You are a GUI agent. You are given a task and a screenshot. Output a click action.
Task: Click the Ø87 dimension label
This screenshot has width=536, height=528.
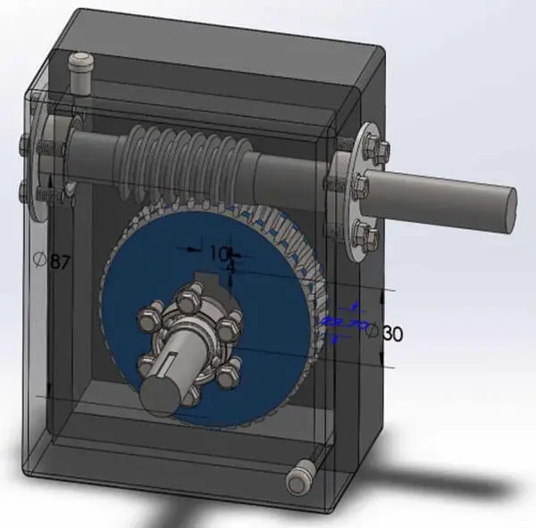[x=51, y=261]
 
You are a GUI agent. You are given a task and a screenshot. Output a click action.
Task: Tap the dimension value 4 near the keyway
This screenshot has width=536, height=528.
[x=230, y=268]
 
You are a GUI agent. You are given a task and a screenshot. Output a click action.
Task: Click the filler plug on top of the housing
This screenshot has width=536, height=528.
[x=81, y=70]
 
